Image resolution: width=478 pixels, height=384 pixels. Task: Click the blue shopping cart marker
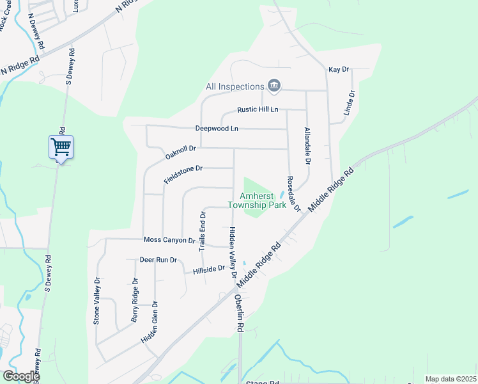click(x=61, y=147)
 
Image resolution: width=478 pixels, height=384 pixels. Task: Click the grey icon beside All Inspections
click(x=274, y=86)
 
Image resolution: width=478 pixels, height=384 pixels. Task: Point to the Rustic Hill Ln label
click(x=258, y=109)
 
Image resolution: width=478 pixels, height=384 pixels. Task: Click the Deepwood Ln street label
click(x=217, y=129)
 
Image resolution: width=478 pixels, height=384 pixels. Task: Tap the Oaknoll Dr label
click(x=180, y=152)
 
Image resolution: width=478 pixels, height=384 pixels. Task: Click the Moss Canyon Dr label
click(x=169, y=240)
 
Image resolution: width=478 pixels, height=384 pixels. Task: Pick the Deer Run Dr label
click(x=159, y=260)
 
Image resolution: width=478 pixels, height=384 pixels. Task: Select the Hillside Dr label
click(x=210, y=271)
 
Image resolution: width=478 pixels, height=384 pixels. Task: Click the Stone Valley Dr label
click(x=97, y=301)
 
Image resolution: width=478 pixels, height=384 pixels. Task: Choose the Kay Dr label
click(x=339, y=69)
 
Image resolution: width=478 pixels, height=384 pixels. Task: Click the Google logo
click(x=20, y=376)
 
